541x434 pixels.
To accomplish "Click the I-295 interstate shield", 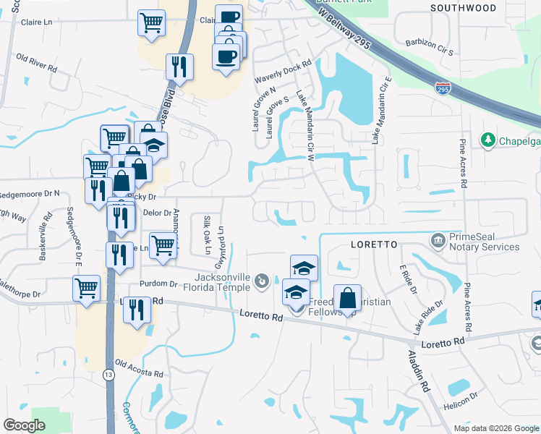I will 443,88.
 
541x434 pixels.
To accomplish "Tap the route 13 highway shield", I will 108,375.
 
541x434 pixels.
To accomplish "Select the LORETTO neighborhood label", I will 374,244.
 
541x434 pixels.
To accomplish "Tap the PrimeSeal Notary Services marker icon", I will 437,239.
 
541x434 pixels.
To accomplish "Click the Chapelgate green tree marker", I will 488,138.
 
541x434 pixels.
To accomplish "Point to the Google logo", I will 25,425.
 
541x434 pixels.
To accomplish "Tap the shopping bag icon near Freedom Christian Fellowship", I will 347,298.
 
